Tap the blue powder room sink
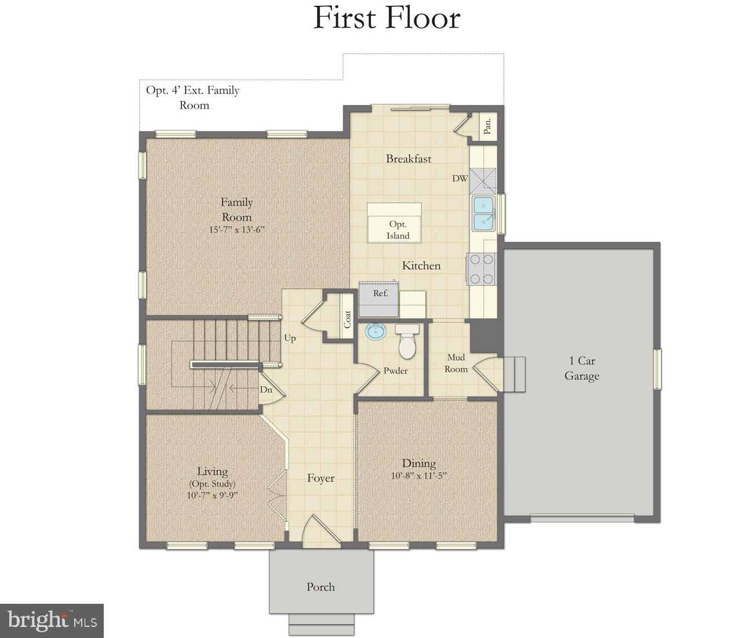pyautogui.click(x=376, y=332)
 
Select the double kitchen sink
pyautogui.click(x=483, y=213)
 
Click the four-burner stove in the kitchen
pyautogui.click(x=482, y=269)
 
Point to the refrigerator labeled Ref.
pyautogui.click(x=379, y=298)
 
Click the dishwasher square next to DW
pyautogui.click(x=483, y=180)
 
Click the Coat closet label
pyautogui.click(x=347, y=319)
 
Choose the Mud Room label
pyautogui.click(x=456, y=363)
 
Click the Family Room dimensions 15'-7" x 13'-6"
pyautogui.click(x=237, y=229)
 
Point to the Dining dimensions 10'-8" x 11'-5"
pyautogui.click(x=419, y=476)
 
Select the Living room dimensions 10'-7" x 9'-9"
pyautogui.click(x=212, y=495)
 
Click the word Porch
pyautogui.click(x=321, y=587)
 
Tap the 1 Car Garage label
pyautogui.click(x=581, y=368)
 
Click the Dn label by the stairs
pyautogui.click(x=266, y=390)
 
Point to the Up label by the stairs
pyautogui.click(x=290, y=338)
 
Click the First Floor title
pyautogui.click(x=387, y=18)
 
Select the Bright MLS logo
pyautogui.click(x=52, y=621)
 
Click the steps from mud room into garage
pyautogui.click(x=514, y=374)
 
